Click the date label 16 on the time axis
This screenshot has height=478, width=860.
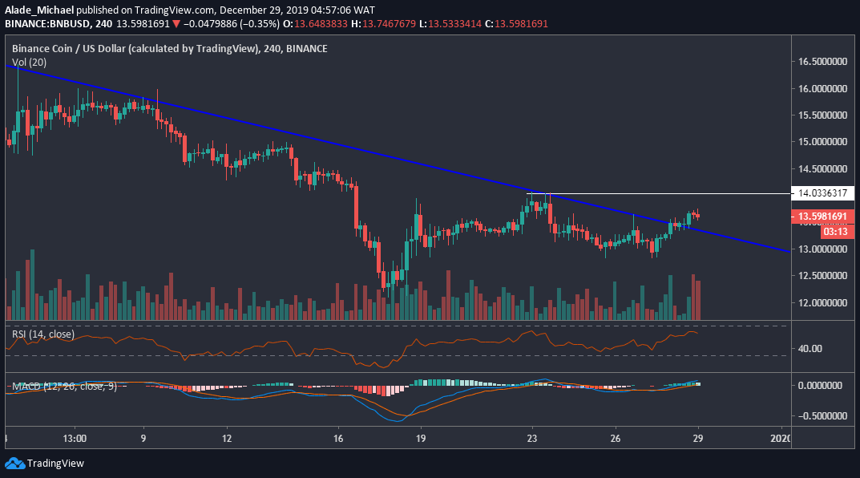point(338,439)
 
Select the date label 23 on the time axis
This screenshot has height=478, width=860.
point(531,439)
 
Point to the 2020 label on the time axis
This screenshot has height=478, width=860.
point(780,439)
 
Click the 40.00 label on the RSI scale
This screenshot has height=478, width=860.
point(810,349)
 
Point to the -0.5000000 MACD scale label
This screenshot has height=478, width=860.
point(820,416)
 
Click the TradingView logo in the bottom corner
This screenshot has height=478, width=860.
point(45,464)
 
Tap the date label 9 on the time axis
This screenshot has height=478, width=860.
point(143,439)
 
